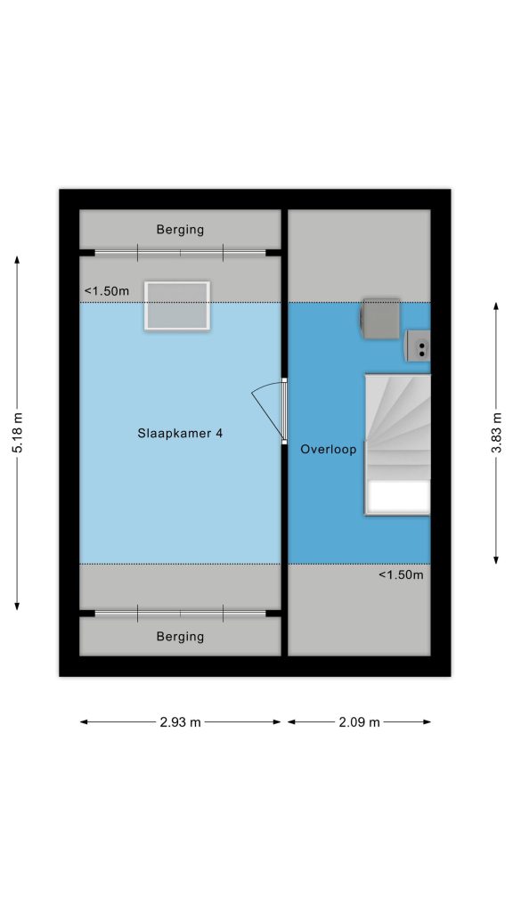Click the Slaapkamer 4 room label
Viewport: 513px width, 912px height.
(x=180, y=434)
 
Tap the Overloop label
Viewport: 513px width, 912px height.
(x=328, y=450)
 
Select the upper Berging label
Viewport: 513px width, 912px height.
(x=180, y=230)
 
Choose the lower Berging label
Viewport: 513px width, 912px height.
(x=180, y=637)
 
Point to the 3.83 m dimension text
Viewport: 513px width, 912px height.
(x=496, y=433)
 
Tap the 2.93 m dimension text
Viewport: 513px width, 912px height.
(x=180, y=722)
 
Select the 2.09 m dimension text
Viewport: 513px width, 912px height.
(x=360, y=722)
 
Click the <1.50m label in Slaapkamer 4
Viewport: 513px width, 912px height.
(x=107, y=291)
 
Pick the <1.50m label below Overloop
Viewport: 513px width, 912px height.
(x=402, y=575)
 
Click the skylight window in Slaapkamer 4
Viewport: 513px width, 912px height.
(x=177, y=306)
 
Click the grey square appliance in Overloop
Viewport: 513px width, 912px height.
(x=381, y=318)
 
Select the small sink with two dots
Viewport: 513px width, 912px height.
(x=419, y=346)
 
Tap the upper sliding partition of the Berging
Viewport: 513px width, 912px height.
(x=180, y=253)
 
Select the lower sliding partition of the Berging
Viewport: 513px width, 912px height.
(x=180, y=613)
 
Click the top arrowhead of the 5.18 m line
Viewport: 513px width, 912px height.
(x=18, y=260)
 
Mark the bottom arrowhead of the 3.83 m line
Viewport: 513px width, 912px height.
(x=496, y=559)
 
